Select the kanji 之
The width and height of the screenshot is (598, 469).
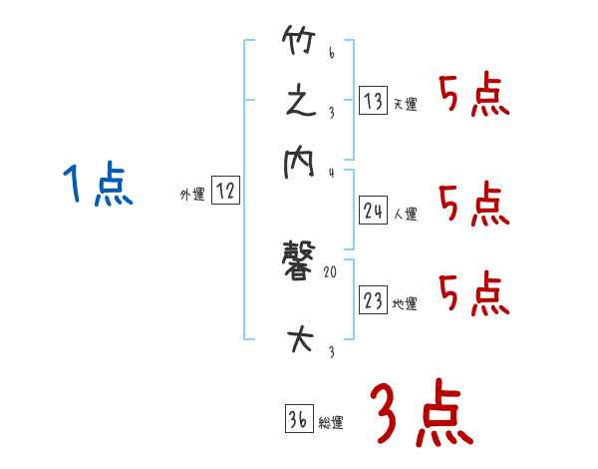click(x=300, y=102)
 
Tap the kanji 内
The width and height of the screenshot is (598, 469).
click(x=299, y=162)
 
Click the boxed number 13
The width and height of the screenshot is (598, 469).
click(x=373, y=100)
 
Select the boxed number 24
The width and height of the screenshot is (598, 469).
click(x=374, y=210)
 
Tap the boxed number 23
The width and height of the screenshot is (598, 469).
click(x=373, y=300)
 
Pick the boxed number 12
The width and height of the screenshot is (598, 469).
click(x=225, y=192)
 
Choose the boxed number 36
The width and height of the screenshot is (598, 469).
click(x=298, y=419)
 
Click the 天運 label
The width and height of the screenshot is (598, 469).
click(x=406, y=104)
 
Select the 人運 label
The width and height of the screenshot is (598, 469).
click(x=406, y=214)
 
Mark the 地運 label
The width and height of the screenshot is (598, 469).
click(x=406, y=304)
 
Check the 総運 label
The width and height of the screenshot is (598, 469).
click(x=331, y=423)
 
